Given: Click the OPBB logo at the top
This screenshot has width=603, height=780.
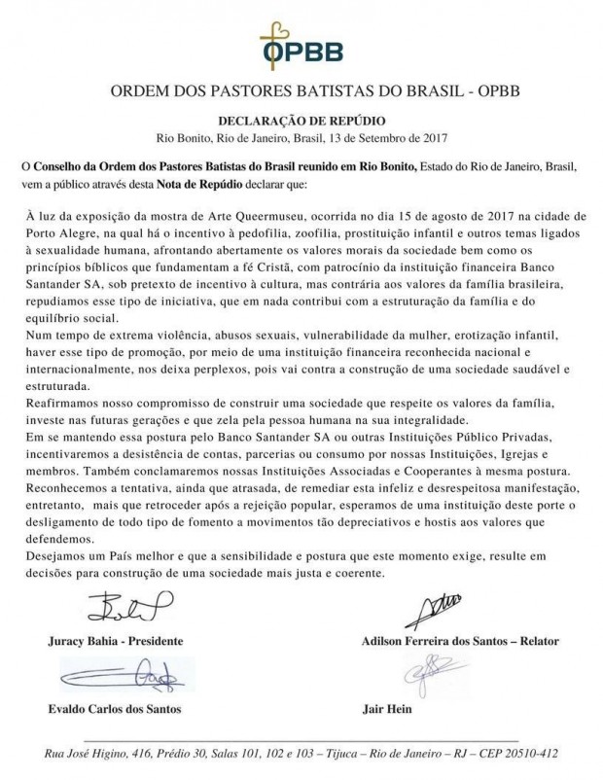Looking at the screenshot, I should tap(301, 39).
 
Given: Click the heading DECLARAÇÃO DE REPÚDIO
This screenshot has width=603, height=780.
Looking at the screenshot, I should tap(301, 120).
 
